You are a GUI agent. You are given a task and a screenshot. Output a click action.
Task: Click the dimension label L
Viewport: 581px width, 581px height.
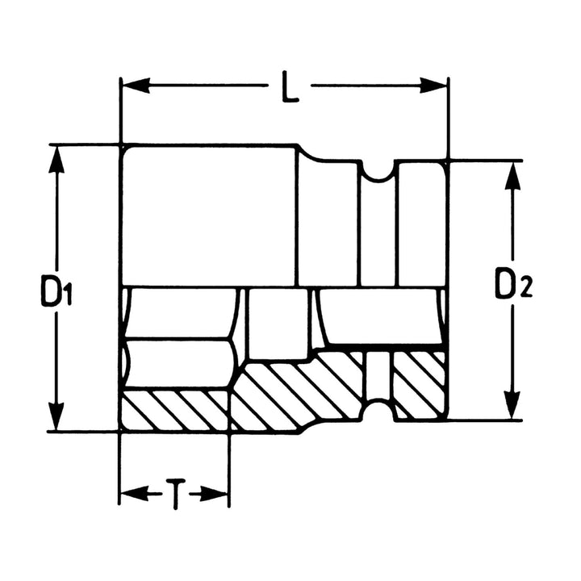pyautogui.click(x=290, y=87)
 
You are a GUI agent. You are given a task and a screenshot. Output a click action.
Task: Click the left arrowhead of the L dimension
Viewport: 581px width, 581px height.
pyautogui.click(x=131, y=84)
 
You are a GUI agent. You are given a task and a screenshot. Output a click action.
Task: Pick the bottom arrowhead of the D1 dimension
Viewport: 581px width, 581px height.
pyautogui.click(x=56, y=420)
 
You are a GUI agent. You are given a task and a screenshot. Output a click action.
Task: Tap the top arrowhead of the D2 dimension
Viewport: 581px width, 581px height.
pyautogui.click(x=511, y=173)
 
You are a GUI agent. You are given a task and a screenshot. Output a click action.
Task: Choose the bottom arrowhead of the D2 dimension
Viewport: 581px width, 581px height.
pyautogui.click(x=511, y=408)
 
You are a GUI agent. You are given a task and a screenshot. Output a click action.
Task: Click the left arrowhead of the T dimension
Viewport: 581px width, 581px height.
pyautogui.click(x=130, y=492)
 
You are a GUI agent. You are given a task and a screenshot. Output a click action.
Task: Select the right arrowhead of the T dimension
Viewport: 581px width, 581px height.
pyautogui.click(x=219, y=492)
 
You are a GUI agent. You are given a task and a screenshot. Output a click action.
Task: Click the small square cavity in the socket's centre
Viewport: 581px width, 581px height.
pyautogui.click(x=278, y=323)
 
